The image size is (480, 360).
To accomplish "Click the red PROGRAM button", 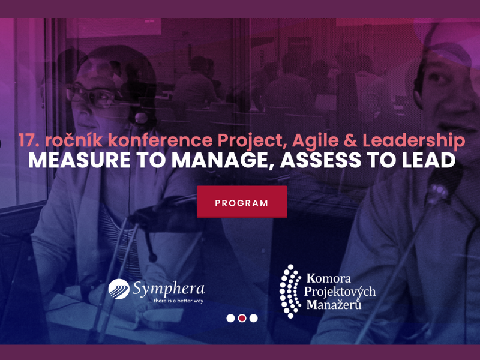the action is (x=242, y=202).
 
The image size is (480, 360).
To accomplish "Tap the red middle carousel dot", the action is (x=242, y=319).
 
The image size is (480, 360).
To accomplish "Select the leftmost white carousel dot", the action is (x=230, y=319).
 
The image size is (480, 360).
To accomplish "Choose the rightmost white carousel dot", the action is (x=253, y=319).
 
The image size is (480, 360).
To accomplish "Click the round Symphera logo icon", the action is (x=119, y=289).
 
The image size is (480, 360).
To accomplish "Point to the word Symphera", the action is (x=169, y=289).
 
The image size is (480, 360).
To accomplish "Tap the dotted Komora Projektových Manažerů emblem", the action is (x=290, y=291).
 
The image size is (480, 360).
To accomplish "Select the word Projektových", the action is (x=340, y=292).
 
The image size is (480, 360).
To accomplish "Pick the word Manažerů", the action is (x=334, y=305).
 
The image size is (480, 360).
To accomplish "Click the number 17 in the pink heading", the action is (x=28, y=140).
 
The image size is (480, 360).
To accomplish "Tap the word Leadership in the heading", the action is (x=414, y=141).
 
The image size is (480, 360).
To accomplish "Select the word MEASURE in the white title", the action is (x=79, y=160).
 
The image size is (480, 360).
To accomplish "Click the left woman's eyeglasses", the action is (x=92, y=97).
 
